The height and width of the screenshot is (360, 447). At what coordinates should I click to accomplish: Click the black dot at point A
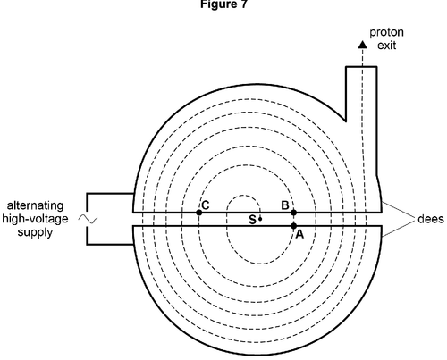coord(293,226)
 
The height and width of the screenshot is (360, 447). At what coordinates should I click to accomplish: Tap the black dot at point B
coord(293,213)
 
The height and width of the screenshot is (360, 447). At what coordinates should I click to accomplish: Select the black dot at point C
coord(199,213)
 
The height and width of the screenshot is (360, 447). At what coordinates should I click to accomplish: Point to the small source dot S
coord(260,219)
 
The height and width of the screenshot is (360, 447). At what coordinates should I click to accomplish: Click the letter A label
coord(299,235)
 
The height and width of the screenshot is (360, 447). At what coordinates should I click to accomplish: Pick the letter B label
coord(285,205)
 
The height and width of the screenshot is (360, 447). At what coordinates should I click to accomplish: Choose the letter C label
coord(206,205)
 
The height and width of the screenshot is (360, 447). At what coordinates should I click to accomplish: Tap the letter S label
coord(252,220)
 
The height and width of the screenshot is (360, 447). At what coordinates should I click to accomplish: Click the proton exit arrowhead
coord(362,44)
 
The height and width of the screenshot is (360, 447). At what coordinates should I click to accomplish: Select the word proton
coord(386,33)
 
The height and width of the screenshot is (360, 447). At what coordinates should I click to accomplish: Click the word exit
coord(386,46)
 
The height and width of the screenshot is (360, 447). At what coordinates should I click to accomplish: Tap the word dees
coord(431,219)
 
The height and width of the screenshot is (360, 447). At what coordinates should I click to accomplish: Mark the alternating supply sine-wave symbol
coord(89,219)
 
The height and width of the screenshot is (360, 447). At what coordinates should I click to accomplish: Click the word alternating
coord(35,205)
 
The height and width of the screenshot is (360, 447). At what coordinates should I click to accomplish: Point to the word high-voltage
coord(35,219)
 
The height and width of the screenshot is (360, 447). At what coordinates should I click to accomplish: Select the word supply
coord(35,232)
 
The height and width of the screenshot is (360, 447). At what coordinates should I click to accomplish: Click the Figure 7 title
coord(223,4)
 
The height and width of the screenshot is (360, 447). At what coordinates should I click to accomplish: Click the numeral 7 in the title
coord(244,4)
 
